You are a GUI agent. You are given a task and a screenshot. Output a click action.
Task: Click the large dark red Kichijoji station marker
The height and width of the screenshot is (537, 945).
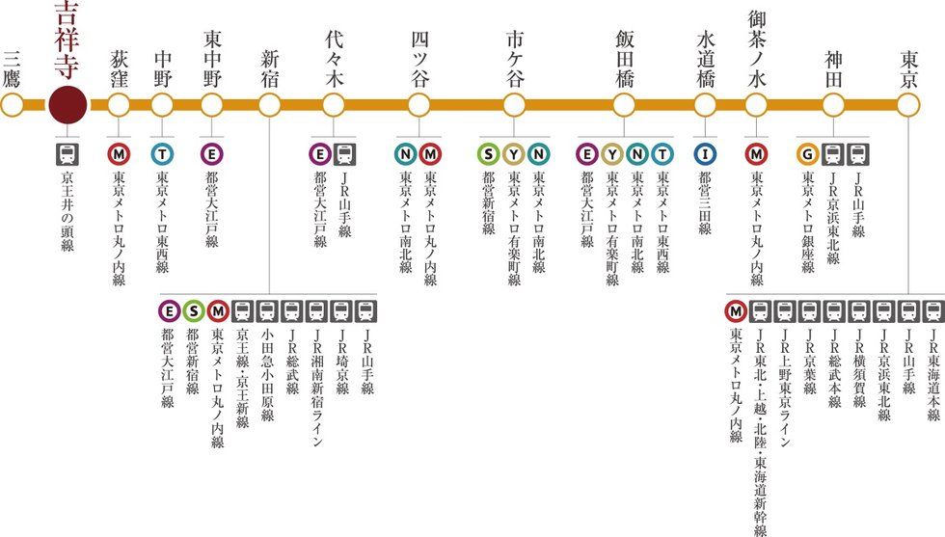click(67, 104)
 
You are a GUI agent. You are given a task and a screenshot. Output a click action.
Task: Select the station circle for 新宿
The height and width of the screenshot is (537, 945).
click(270, 104)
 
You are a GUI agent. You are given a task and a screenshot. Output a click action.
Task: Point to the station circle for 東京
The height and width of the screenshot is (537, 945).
click(908, 104)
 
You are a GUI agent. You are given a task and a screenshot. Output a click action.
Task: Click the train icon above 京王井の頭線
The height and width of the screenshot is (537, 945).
click(67, 153)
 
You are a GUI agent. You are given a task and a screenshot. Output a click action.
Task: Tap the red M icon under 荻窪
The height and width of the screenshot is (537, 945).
click(119, 153)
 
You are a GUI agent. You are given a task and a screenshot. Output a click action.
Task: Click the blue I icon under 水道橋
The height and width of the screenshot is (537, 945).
click(706, 153)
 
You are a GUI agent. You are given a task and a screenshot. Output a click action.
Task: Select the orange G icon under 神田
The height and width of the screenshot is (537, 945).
click(807, 153)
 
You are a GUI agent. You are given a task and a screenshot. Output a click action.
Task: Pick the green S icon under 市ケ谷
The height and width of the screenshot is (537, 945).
click(490, 153)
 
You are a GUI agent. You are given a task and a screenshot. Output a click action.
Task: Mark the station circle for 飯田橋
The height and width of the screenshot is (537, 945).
click(624, 104)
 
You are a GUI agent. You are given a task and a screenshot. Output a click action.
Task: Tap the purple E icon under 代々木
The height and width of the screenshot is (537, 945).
click(320, 153)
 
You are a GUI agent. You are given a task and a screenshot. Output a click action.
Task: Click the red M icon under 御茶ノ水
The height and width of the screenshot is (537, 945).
click(757, 153)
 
